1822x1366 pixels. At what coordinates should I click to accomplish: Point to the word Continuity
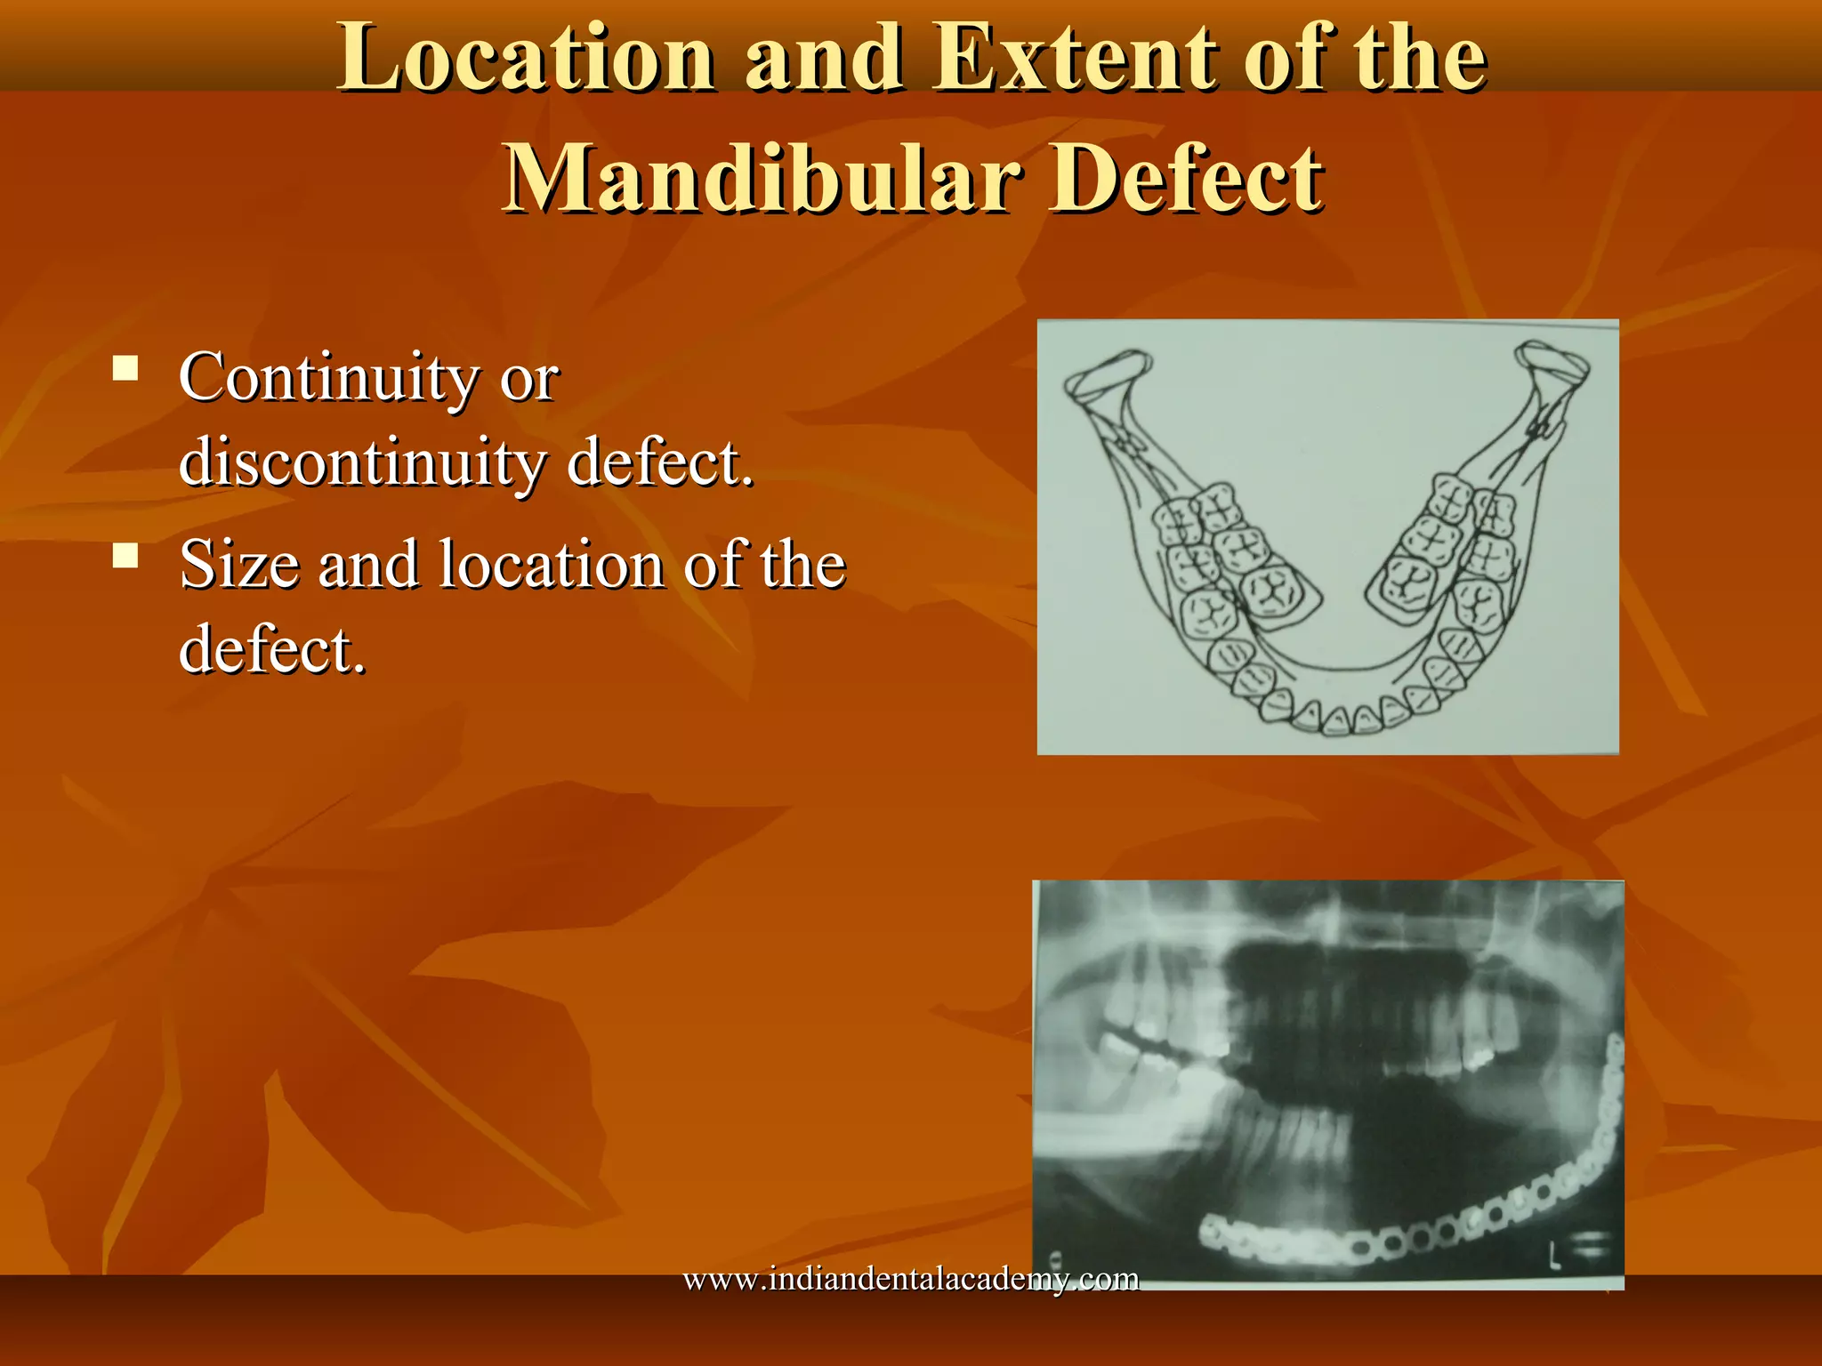[329, 379]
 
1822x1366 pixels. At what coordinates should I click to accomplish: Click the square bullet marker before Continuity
[125, 367]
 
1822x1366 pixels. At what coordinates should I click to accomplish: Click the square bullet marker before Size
[125, 556]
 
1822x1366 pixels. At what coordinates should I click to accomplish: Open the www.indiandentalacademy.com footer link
[910, 1280]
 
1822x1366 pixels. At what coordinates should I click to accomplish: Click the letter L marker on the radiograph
[1553, 1256]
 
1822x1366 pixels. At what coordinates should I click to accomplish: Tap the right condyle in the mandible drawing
[1552, 366]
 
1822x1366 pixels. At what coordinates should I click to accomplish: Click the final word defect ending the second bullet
[271, 650]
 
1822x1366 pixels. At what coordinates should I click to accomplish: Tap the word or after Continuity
[528, 379]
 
